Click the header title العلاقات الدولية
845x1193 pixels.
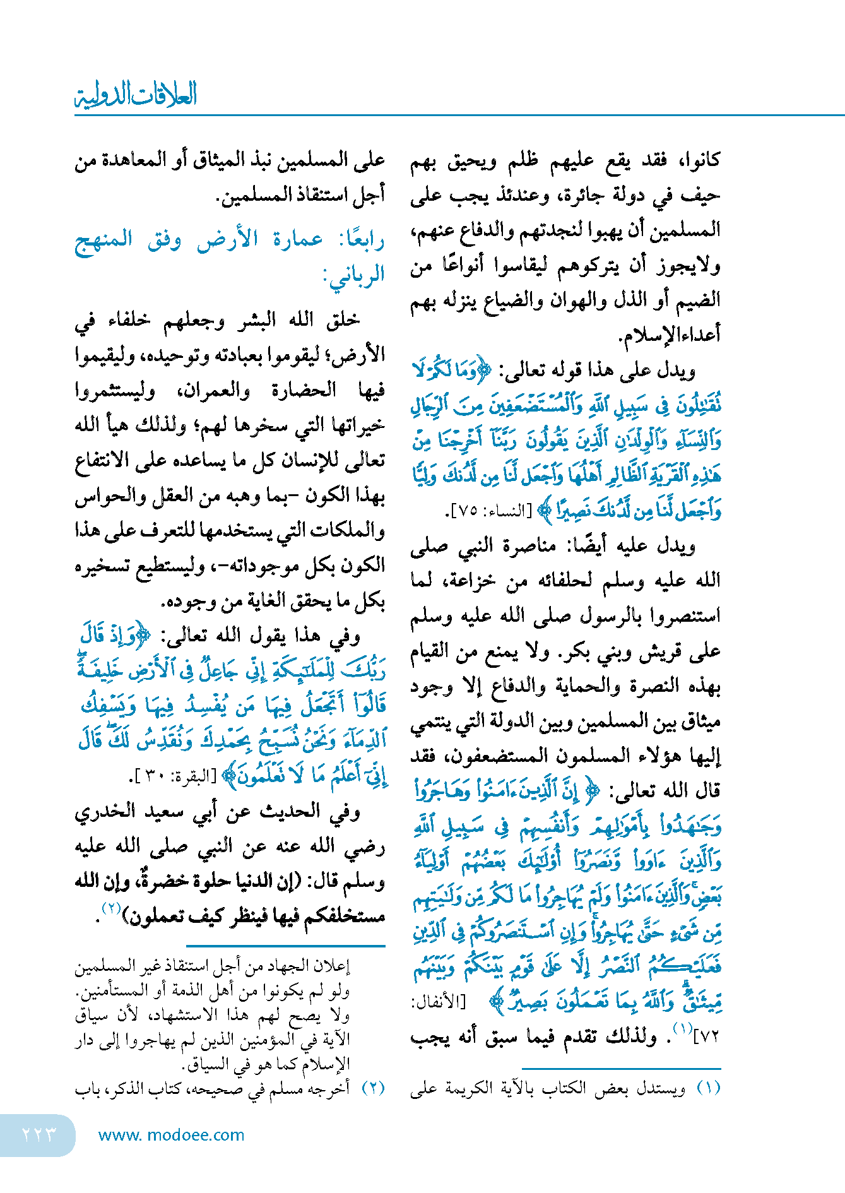[136, 95]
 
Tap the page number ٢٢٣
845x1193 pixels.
[39, 1134]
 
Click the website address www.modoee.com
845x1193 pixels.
[172, 1135]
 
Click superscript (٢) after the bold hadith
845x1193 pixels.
[112, 908]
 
